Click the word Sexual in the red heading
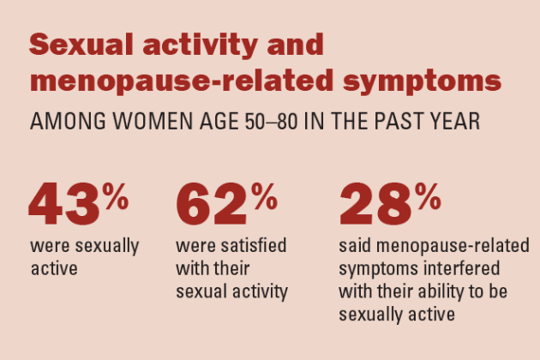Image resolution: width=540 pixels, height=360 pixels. (x=81, y=44)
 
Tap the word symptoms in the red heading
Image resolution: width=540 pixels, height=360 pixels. (x=423, y=82)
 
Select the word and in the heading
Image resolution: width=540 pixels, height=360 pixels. (x=296, y=44)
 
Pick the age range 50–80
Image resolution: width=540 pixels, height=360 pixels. (x=271, y=121)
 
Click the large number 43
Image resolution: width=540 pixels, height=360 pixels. (x=64, y=204)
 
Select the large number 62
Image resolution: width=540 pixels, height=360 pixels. (x=212, y=204)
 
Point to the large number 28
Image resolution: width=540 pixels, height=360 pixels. (x=375, y=204)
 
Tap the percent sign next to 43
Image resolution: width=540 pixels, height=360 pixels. (x=116, y=196)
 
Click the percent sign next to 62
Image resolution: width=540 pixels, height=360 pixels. (x=264, y=196)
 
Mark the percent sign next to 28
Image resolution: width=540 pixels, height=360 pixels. (x=428, y=196)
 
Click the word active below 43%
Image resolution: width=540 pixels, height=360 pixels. (x=54, y=268)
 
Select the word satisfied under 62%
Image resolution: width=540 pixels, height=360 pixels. (x=254, y=246)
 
